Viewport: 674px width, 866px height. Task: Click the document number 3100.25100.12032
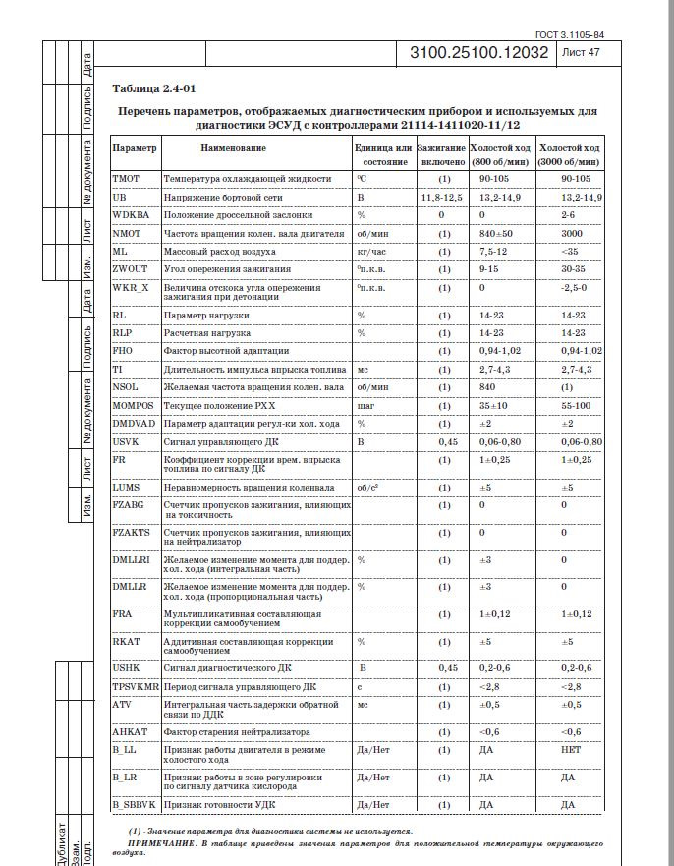click(x=478, y=53)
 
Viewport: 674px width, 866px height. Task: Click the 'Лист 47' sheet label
click(x=579, y=53)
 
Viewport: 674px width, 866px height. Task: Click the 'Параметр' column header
click(x=135, y=147)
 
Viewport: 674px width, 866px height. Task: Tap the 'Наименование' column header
click(x=233, y=147)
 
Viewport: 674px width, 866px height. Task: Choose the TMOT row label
click(x=127, y=179)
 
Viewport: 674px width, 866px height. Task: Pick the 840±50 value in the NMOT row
click(x=497, y=233)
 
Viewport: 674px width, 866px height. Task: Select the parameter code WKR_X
click(x=131, y=287)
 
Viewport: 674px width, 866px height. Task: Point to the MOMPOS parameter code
click(x=133, y=405)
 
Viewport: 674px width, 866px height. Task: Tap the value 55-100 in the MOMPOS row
click(x=577, y=405)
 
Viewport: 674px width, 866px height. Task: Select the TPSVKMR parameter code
click(x=137, y=686)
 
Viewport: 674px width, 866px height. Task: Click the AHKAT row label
click(x=130, y=732)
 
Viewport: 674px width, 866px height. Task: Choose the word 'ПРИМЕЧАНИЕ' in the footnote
click(x=159, y=843)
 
